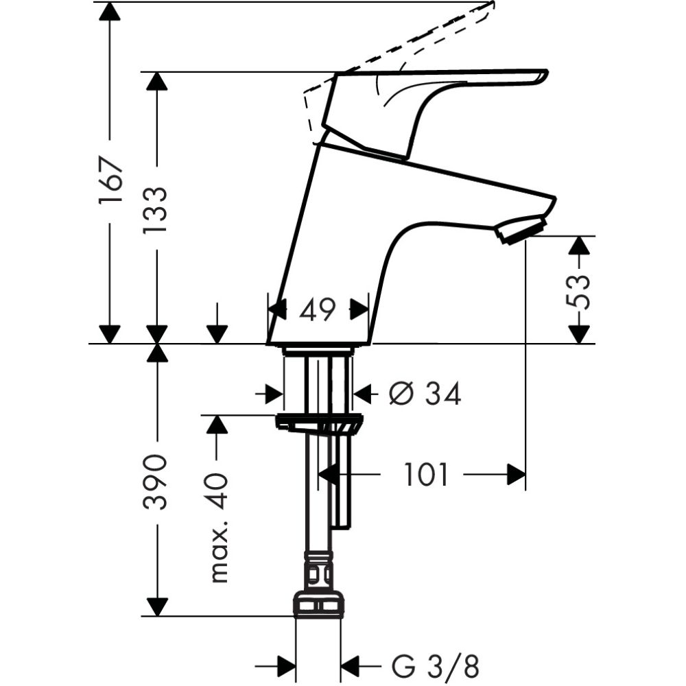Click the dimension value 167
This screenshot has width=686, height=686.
pos(110,180)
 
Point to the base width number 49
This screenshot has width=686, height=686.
pos(318,310)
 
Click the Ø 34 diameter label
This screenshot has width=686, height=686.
pos(425,394)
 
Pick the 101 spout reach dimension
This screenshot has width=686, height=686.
pos(425,475)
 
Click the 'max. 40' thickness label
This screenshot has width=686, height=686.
pos(217,528)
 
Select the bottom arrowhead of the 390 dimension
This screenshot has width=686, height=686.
pos(156,607)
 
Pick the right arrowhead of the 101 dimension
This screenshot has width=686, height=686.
pos(516,475)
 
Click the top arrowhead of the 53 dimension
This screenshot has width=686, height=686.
pos(580,245)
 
